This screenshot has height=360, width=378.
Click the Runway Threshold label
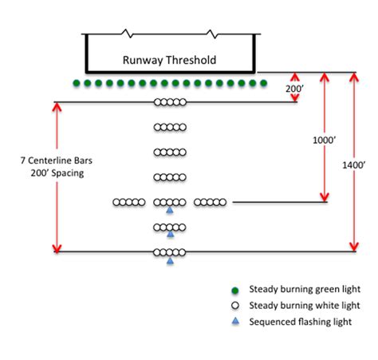click(169, 60)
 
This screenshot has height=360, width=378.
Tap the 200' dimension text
click(294, 89)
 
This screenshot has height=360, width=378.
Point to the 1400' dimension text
click(355, 165)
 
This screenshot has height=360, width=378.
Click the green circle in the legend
click(234, 289)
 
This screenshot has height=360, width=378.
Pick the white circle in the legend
click(234, 306)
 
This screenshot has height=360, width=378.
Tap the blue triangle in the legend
click(234, 322)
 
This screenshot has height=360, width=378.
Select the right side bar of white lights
click(211, 203)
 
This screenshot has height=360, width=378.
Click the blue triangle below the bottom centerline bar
click(170, 261)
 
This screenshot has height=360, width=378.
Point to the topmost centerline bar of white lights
click(170, 102)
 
